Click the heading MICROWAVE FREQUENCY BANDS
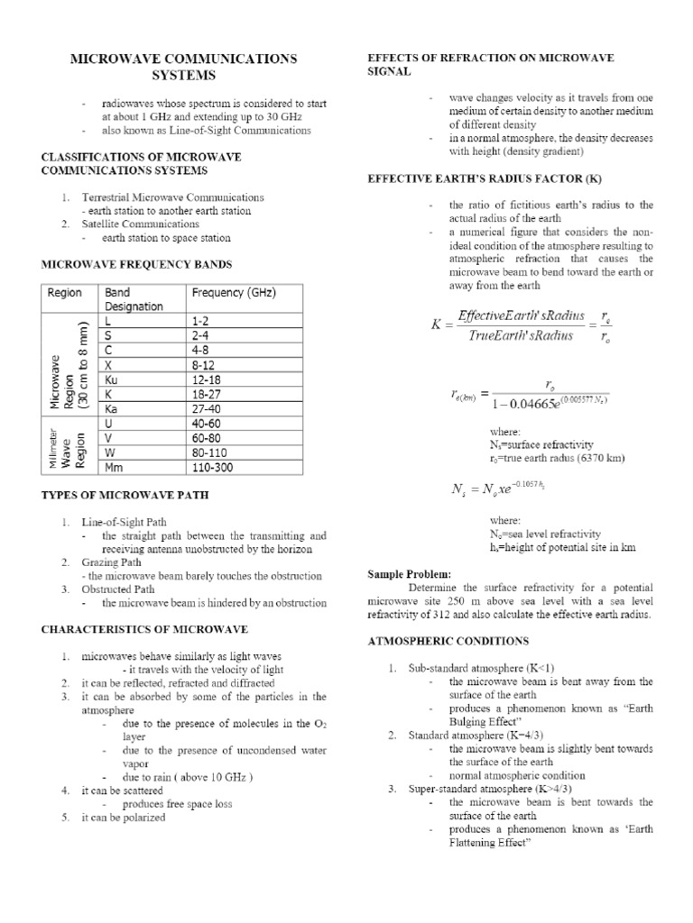[x=136, y=264]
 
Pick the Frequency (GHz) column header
[x=233, y=293]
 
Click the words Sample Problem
[x=405, y=573]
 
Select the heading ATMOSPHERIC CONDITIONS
[x=447, y=641]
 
